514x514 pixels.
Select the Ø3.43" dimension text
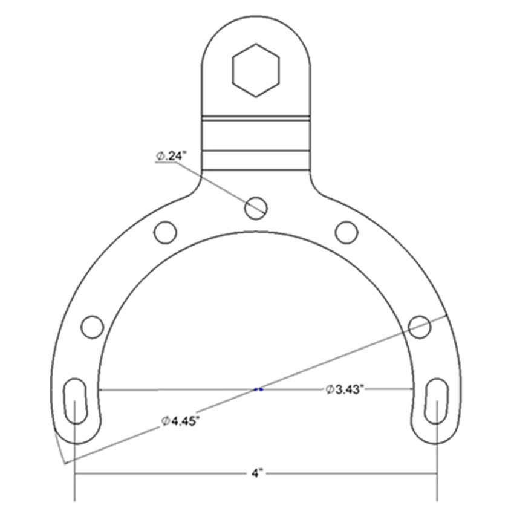pyautogui.click(x=345, y=389)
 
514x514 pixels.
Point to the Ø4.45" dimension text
pyautogui.click(x=180, y=421)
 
